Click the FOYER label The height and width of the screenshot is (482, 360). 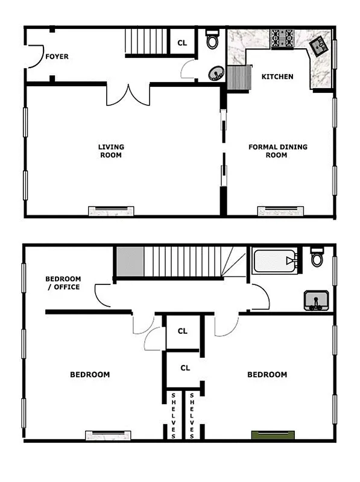tap(57, 57)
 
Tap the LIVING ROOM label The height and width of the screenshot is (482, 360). tap(111, 151)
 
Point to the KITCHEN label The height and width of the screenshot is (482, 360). tap(277, 77)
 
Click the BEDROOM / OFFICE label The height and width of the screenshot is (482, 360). tap(63, 283)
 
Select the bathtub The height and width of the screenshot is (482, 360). tap(275, 261)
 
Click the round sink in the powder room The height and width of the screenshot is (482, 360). tap(215, 74)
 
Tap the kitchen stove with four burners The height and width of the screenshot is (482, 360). tap(282, 39)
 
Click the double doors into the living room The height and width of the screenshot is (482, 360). tap(128, 95)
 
